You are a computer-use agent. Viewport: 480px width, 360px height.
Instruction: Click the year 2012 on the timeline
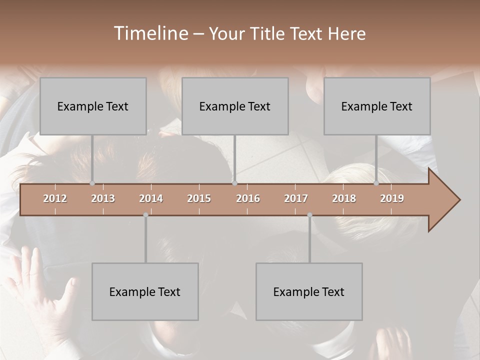55,198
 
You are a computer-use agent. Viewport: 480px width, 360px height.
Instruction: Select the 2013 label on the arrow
103,198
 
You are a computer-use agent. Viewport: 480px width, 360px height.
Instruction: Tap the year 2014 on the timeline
151,198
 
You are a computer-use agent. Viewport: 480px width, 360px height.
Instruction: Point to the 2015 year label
199,198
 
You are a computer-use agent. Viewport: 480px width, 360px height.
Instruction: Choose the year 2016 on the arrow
248,198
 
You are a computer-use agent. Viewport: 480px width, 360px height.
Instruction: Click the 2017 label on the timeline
296,198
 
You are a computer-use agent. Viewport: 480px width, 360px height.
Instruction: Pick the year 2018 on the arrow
344,198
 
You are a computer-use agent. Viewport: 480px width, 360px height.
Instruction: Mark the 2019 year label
392,198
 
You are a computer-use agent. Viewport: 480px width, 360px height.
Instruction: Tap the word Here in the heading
347,33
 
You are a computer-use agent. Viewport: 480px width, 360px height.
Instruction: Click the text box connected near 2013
93,106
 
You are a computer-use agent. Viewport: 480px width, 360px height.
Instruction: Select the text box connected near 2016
235,106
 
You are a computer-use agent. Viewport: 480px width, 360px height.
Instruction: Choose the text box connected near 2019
377,106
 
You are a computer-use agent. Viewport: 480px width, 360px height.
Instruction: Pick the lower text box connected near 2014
145,291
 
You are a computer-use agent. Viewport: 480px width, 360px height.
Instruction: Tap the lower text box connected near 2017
309,291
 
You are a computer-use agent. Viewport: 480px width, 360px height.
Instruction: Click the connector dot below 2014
145,215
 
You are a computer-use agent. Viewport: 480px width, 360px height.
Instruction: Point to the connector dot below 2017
309,215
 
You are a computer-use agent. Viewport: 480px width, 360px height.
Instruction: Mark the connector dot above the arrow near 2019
376,183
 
